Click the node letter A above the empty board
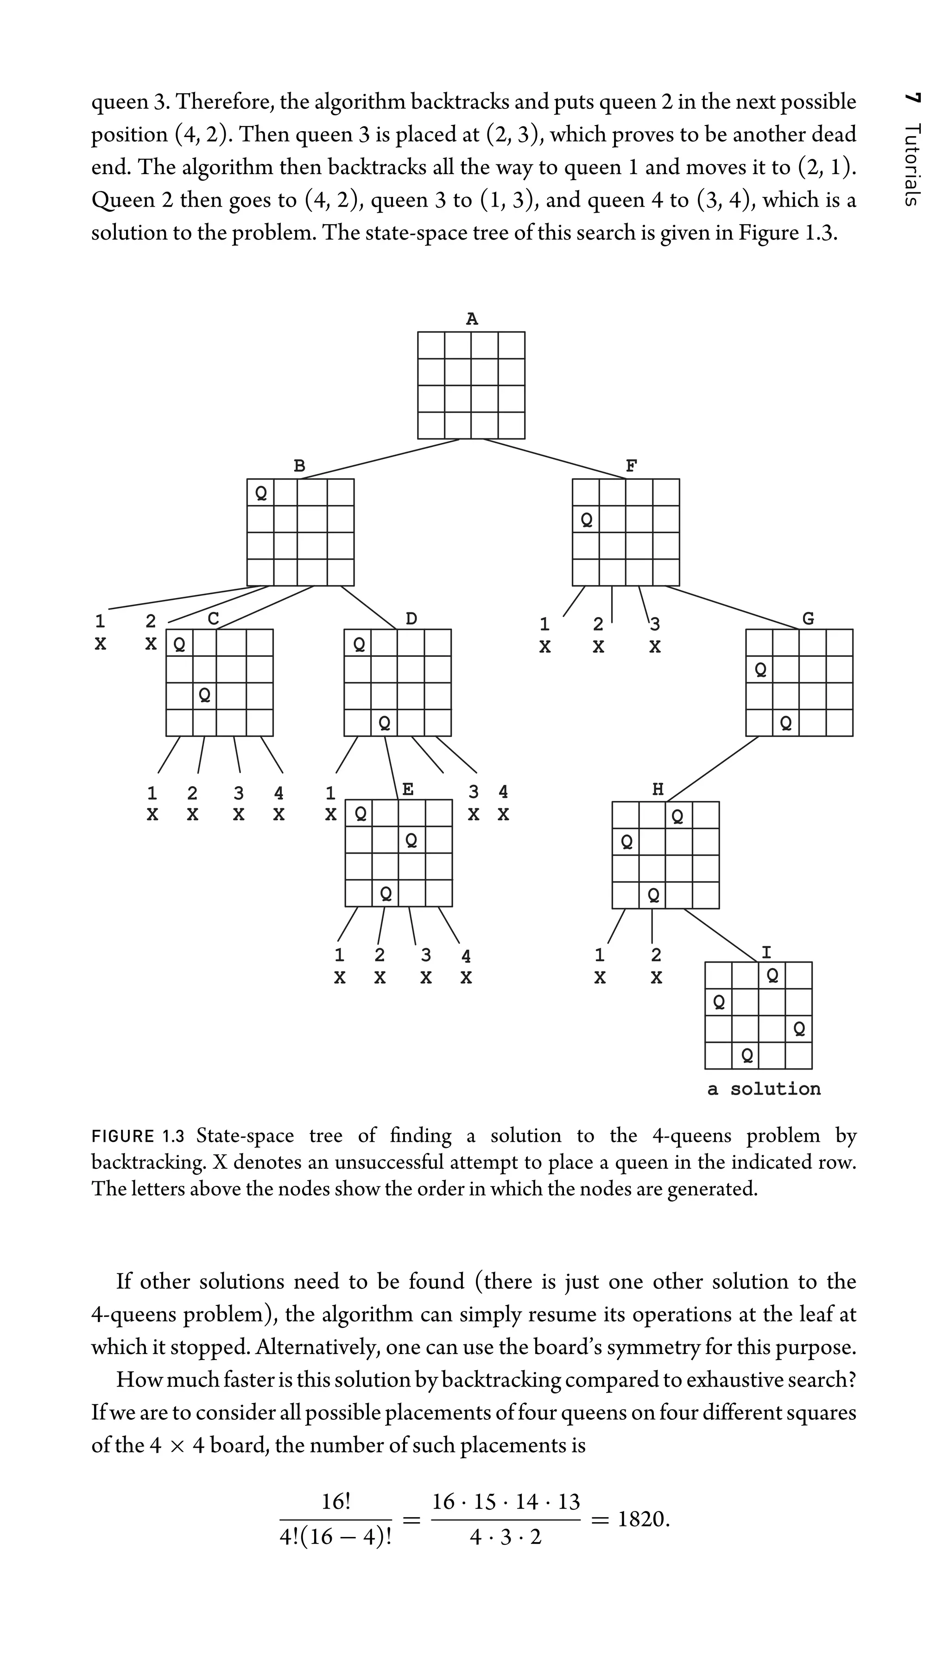click(472, 319)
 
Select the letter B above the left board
click(299, 466)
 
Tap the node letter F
click(631, 466)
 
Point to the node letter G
click(808, 618)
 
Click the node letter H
click(658, 790)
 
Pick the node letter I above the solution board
click(766, 952)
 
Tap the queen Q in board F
click(586, 520)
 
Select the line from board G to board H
click(713, 769)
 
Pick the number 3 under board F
click(655, 625)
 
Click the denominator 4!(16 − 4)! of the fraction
click(335, 1538)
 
